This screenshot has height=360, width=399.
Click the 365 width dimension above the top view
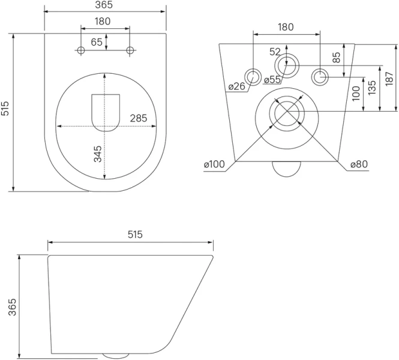(105, 5)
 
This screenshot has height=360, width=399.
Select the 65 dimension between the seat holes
(96, 42)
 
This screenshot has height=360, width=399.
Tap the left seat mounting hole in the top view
(81, 51)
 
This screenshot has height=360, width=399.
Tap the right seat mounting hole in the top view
(130, 51)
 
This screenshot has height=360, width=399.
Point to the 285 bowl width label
(139, 118)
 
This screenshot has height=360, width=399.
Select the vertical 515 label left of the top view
(5, 108)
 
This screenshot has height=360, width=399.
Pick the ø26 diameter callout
(236, 86)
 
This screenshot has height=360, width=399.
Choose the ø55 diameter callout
(272, 79)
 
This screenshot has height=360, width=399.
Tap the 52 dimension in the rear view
(275, 52)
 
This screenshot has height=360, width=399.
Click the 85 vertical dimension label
(337, 58)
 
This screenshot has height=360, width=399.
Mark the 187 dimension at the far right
(389, 77)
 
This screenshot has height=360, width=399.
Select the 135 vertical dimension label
(372, 88)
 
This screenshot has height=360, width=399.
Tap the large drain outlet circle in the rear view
(286, 112)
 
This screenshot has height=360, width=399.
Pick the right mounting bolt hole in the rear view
(320, 76)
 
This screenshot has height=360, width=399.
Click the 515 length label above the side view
(134, 235)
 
